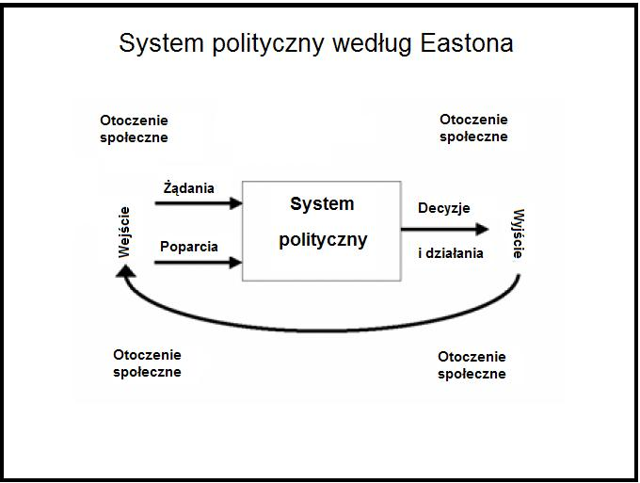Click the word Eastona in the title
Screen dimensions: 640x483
point(467,43)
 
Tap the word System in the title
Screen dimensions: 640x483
point(161,44)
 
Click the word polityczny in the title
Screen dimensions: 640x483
point(268,44)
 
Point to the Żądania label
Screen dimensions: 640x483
point(189,187)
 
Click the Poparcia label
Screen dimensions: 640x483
point(189,247)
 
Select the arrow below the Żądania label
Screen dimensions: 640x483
point(199,203)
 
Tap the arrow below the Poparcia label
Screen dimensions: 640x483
point(199,263)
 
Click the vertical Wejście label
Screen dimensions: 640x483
point(123,233)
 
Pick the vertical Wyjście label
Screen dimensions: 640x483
point(518,233)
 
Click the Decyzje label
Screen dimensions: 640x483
point(444,208)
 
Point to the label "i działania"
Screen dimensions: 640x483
point(451,253)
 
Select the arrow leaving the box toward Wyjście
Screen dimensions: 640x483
point(445,230)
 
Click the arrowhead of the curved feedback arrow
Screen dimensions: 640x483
point(126,271)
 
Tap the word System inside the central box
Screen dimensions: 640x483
point(322,203)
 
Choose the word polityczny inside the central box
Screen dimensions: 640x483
point(323,240)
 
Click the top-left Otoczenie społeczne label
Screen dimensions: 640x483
point(134,129)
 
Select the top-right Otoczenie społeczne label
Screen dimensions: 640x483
point(473,128)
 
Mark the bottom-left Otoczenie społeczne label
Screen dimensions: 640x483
point(148,363)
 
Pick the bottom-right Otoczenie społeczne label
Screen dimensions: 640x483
point(472,365)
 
